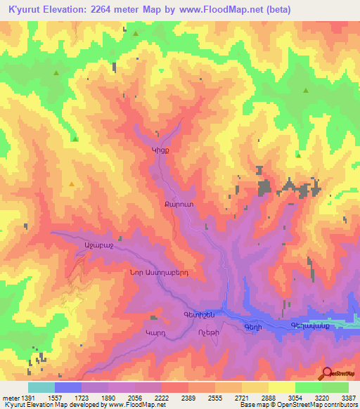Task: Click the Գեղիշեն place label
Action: click(199, 314)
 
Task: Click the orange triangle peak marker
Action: click(72, 183)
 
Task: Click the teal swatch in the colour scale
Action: click(41, 387)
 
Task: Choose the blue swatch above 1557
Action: click(68, 387)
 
